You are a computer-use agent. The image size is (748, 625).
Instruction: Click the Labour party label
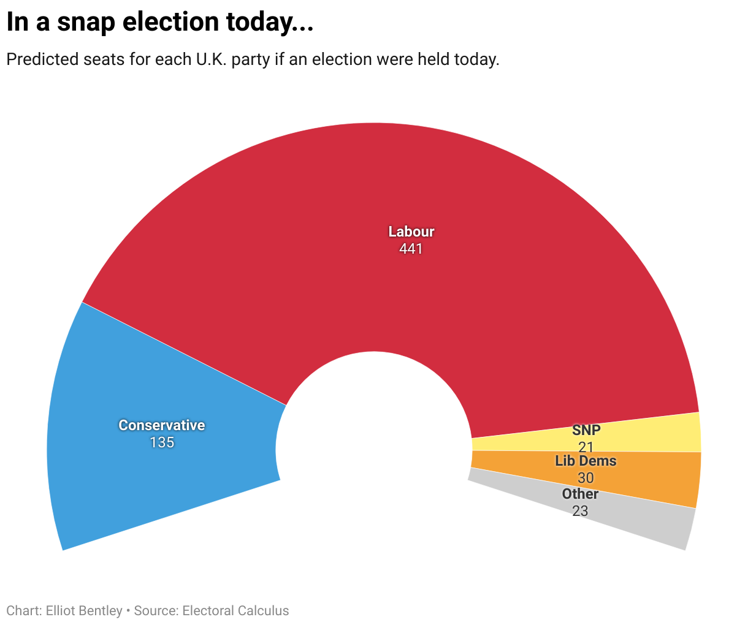[x=411, y=232]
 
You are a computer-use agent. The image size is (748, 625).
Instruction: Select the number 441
[x=411, y=249]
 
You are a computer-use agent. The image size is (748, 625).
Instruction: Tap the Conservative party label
[x=162, y=425]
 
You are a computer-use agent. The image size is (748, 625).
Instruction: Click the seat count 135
[x=162, y=442]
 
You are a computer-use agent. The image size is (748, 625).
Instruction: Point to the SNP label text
[x=586, y=430]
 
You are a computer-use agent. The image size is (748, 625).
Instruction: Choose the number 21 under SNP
[x=586, y=447]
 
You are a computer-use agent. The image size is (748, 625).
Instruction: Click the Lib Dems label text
[x=586, y=461]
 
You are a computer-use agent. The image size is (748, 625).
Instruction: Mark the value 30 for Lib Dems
[x=586, y=478]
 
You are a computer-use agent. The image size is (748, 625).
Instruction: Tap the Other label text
[x=580, y=494]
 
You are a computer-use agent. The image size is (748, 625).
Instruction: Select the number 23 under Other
[x=580, y=510]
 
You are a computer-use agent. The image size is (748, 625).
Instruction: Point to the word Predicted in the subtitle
[x=42, y=60]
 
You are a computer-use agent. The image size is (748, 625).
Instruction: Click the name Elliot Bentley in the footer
[x=84, y=611]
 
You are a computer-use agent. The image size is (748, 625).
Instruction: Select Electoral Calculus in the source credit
[x=235, y=611]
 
